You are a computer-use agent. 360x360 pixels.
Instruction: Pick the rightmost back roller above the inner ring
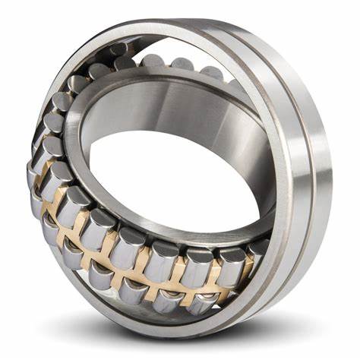click(x=213, y=73)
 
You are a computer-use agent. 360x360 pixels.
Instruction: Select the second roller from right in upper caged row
click(x=228, y=262)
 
